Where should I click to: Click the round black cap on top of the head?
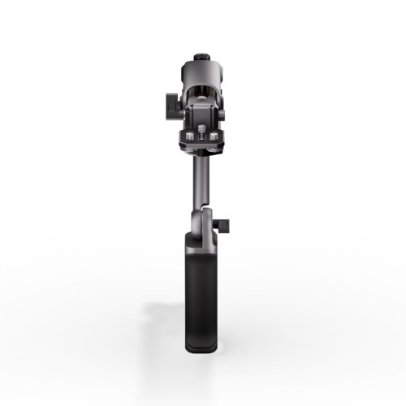200,58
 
